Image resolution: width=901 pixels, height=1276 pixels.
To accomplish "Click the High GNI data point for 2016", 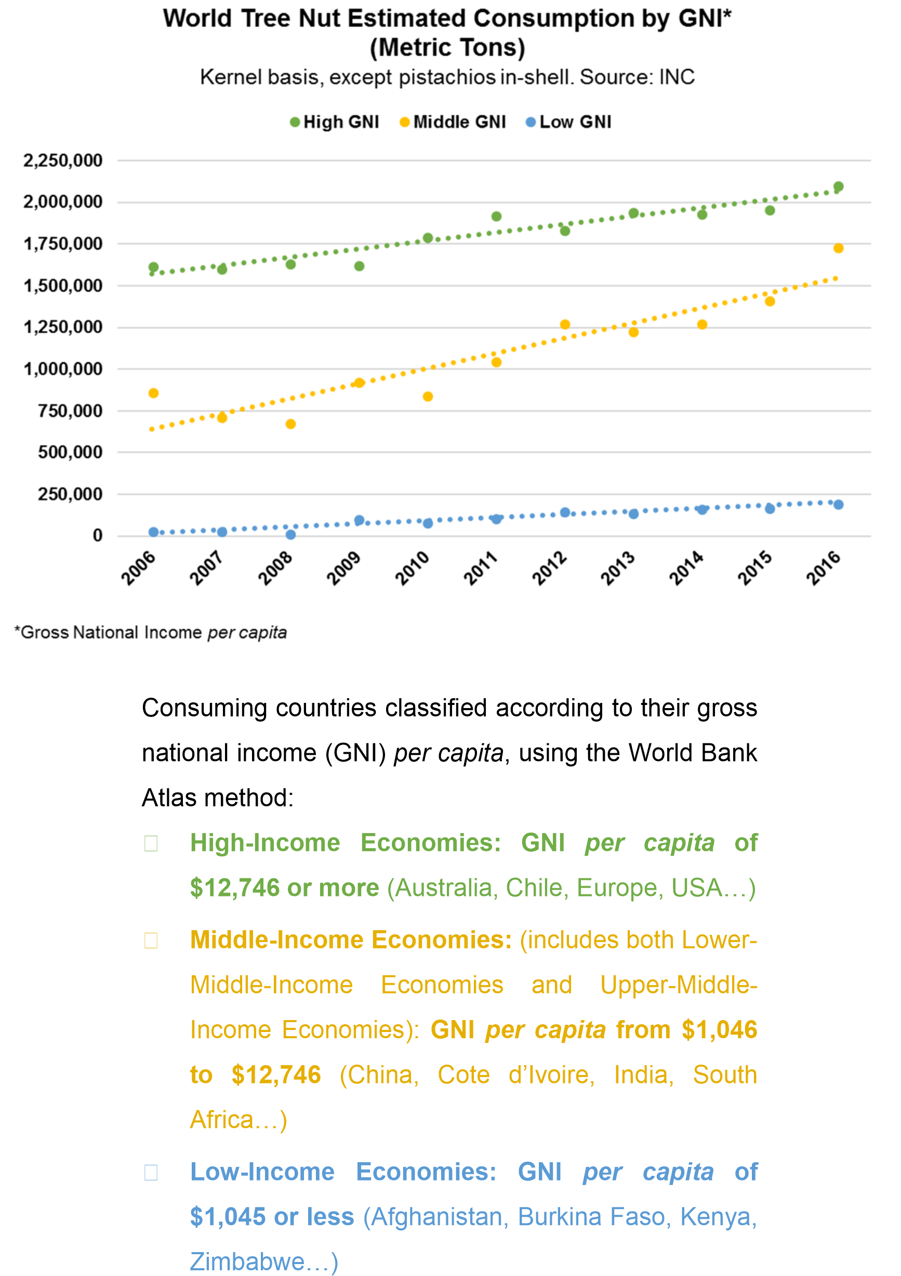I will point(838,187).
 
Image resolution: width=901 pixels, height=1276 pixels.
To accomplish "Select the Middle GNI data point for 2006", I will point(153,393).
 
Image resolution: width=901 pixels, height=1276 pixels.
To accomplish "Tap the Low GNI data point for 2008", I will point(290,535).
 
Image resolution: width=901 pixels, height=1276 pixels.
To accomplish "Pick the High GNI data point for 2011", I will point(496,216).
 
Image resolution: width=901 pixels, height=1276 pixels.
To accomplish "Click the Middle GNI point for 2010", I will point(428,397).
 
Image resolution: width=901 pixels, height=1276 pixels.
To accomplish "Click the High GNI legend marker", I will point(295,123).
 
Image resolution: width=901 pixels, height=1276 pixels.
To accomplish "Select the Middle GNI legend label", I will point(459,123).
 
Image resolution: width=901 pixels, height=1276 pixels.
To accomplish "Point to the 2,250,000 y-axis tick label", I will point(63,160).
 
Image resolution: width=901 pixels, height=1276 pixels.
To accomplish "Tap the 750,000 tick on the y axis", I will point(70,411).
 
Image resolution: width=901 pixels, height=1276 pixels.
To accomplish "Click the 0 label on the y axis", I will point(97,536).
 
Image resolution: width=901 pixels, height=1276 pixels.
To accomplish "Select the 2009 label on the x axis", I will point(343,568).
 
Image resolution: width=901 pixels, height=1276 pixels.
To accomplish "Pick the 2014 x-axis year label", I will point(686,568).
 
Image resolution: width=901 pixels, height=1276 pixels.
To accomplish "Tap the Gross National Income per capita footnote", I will point(151,632).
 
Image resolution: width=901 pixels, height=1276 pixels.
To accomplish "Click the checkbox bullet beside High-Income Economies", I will point(151,844).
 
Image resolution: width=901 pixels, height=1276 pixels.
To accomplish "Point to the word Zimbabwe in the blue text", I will point(247,1261).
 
